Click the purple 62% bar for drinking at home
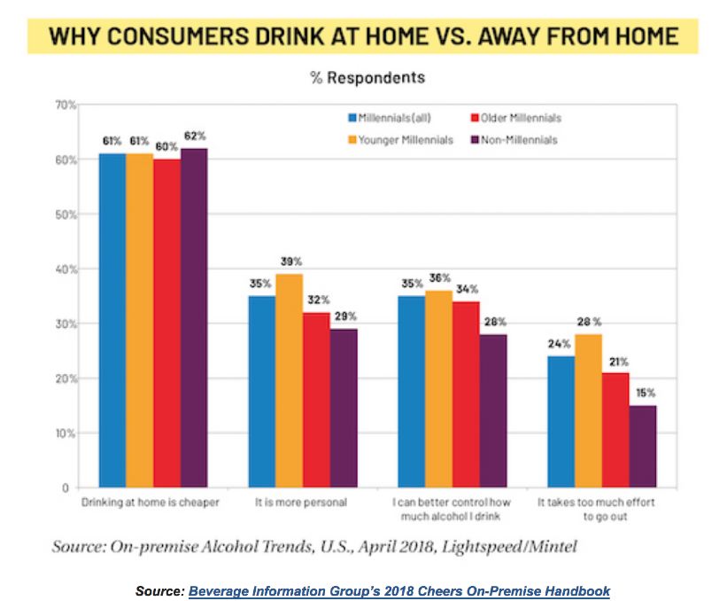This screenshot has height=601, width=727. tap(195, 317)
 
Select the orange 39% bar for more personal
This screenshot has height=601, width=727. tap(289, 380)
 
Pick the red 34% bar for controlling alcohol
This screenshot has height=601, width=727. tap(467, 394)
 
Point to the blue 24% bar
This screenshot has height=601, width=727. tap(561, 421)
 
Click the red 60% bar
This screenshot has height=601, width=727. tap(167, 324)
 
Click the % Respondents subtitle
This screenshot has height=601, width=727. tap(367, 78)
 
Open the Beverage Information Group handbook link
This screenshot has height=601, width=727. tap(398, 590)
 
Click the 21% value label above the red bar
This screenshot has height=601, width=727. tap(616, 361)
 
